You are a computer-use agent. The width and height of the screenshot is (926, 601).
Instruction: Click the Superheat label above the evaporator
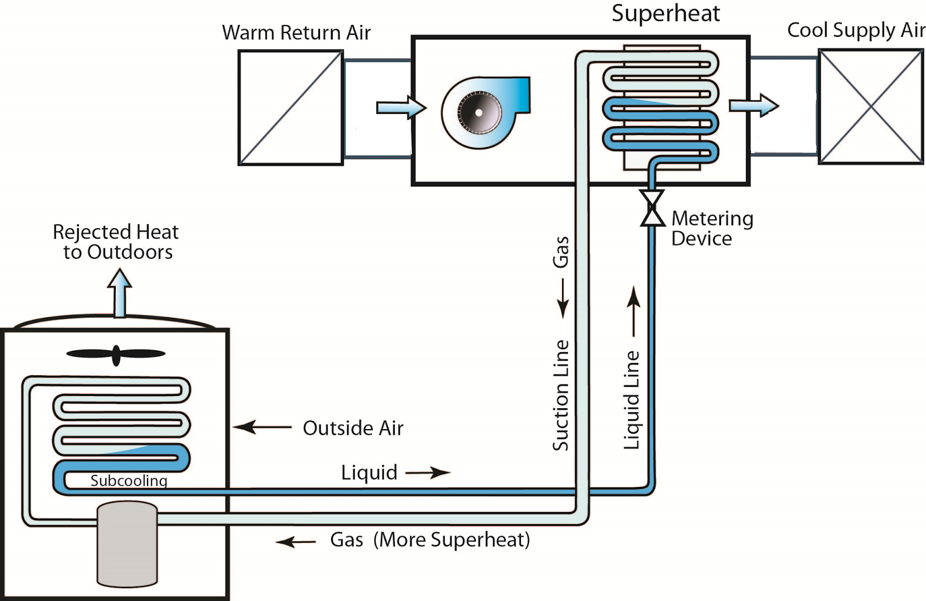tap(666, 13)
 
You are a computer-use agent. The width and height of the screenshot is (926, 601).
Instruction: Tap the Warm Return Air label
tap(296, 33)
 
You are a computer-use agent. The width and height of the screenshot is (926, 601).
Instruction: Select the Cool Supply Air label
tap(856, 30)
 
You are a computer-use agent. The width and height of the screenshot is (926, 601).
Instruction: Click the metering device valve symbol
tap(652, 208)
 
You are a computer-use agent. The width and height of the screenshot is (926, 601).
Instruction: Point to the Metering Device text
tap(712, 228)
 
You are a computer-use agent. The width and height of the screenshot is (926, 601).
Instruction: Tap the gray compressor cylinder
tap(127, 544)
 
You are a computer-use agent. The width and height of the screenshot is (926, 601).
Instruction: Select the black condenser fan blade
tap(116, 354)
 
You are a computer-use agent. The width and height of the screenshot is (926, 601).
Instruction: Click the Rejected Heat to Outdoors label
tap(116, 241)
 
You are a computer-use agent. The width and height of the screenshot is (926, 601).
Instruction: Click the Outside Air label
tap(353, 428)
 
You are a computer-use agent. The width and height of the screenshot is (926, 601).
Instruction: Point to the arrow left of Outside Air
tap(262, 428)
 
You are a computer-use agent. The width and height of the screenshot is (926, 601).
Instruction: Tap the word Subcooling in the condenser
tap(128, 481)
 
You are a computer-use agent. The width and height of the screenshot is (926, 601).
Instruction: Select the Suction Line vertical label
tap(561, 395)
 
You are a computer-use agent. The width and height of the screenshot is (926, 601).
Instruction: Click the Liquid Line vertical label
tap(631, 400)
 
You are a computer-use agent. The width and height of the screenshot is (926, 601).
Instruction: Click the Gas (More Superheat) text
tap(430, 540)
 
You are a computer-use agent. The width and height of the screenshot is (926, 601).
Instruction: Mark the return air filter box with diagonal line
tap(291, 108)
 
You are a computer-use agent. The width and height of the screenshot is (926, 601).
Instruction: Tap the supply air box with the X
tap(870, 107)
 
